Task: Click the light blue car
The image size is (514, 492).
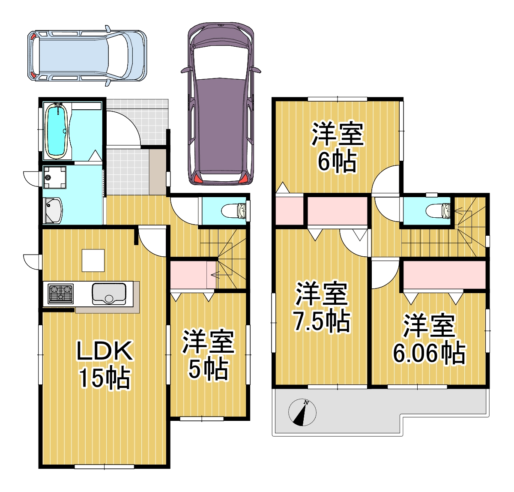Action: [87, 56]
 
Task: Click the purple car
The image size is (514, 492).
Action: [221, 104]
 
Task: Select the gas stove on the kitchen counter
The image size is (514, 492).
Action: [60, 294]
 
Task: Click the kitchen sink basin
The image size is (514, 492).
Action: [109, 294]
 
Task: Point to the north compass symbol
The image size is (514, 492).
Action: [302, 412]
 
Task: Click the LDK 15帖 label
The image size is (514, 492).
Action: [105, 365]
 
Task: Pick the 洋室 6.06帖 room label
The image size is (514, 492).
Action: [429, 339]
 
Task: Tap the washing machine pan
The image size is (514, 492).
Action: [55, 177]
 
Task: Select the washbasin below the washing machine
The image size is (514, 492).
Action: [54, 210]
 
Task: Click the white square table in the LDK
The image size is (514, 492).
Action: [93, 260]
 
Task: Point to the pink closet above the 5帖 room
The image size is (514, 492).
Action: [193, 275]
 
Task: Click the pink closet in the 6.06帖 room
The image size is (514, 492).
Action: [444, 275]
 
